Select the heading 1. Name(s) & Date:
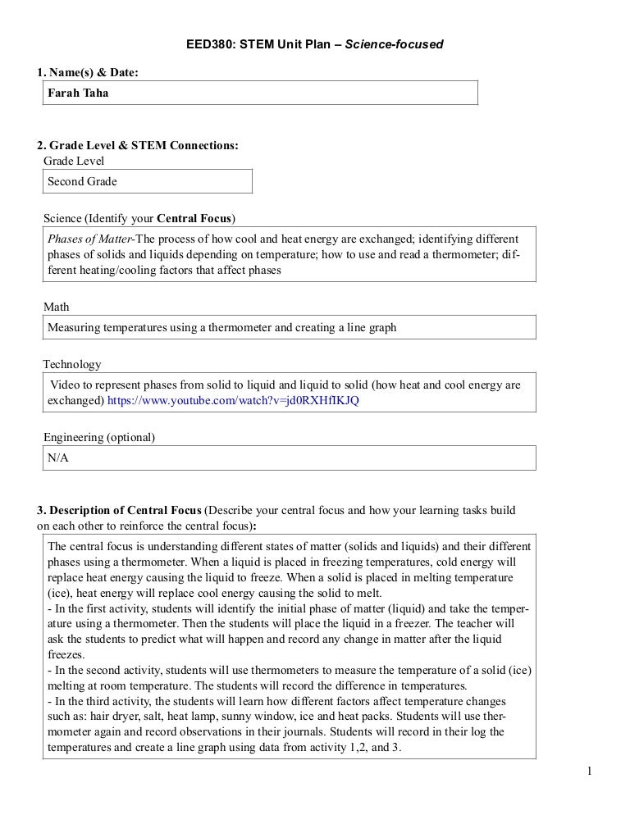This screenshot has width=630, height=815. (88, 73)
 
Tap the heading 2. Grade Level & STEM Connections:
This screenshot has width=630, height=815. (138, 145)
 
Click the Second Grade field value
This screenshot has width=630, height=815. (82, 181)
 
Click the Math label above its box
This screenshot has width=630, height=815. (56, 307)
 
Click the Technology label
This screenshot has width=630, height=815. (72, 364)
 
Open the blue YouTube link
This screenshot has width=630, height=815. (233, 401)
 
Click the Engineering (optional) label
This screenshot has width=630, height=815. (98, 437)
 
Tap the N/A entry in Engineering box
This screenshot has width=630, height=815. (57, 458)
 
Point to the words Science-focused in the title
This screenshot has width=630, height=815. (394, 43)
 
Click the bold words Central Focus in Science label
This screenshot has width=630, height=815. (194, 218)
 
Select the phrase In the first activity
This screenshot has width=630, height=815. (107, 608)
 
